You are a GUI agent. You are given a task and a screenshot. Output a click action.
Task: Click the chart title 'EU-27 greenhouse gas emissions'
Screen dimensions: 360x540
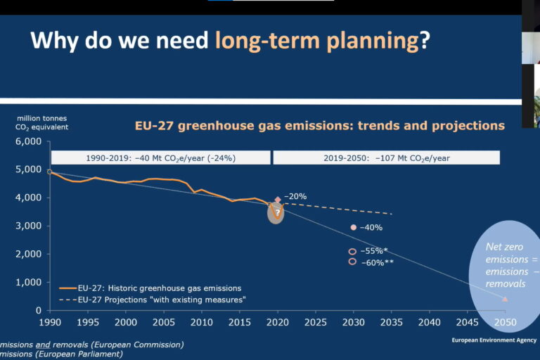point(320,126)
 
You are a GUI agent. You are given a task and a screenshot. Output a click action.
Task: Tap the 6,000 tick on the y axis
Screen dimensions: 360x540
point(29,141)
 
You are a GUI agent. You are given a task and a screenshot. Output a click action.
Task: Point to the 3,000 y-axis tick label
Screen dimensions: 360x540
point(29,226)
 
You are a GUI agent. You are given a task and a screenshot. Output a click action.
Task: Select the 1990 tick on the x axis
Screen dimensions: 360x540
point(50,322)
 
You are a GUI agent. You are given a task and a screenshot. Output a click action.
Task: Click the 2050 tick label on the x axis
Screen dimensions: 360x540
point(505,322)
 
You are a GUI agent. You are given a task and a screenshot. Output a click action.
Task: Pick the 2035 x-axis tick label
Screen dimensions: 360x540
point(391,322)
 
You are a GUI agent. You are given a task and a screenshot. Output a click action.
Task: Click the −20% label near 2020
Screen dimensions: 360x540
point(295,197)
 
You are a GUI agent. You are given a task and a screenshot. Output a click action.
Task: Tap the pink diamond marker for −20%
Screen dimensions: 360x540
point(278,200)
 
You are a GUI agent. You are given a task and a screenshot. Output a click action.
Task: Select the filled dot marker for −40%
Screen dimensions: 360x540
point(354,227)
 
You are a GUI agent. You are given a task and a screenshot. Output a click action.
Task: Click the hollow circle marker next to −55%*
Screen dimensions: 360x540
point(353,251)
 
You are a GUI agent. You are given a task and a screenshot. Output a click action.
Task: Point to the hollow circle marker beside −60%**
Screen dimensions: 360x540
point(353,262)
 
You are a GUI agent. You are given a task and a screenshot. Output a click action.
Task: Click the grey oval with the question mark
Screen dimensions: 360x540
point(277,212)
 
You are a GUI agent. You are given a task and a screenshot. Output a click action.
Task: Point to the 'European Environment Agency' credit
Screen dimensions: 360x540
point(494,340)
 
